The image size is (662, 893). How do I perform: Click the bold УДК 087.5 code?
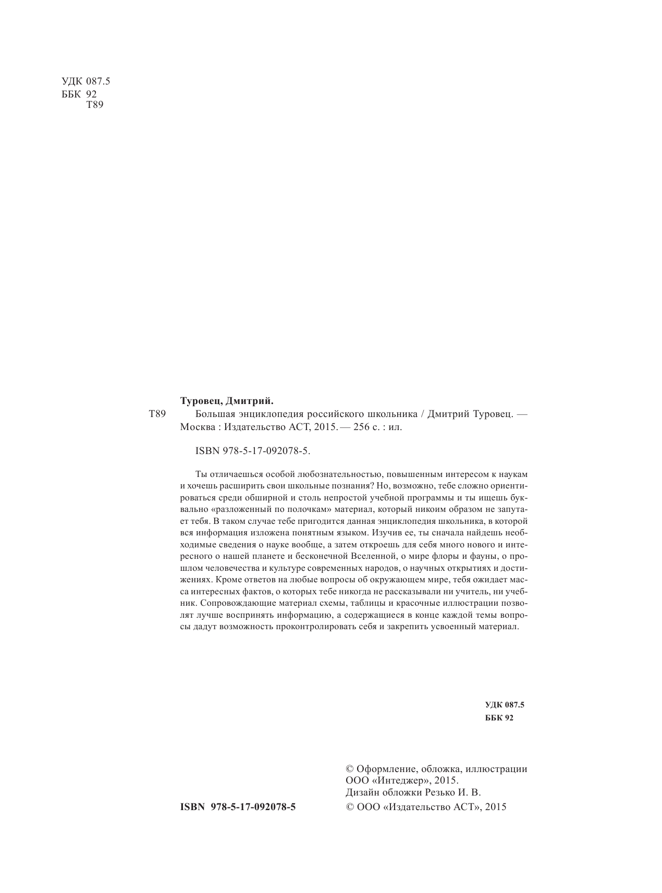tap(504, 705)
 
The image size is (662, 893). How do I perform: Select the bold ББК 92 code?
tap(499, 718)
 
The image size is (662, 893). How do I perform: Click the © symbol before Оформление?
tap(350, 768)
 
